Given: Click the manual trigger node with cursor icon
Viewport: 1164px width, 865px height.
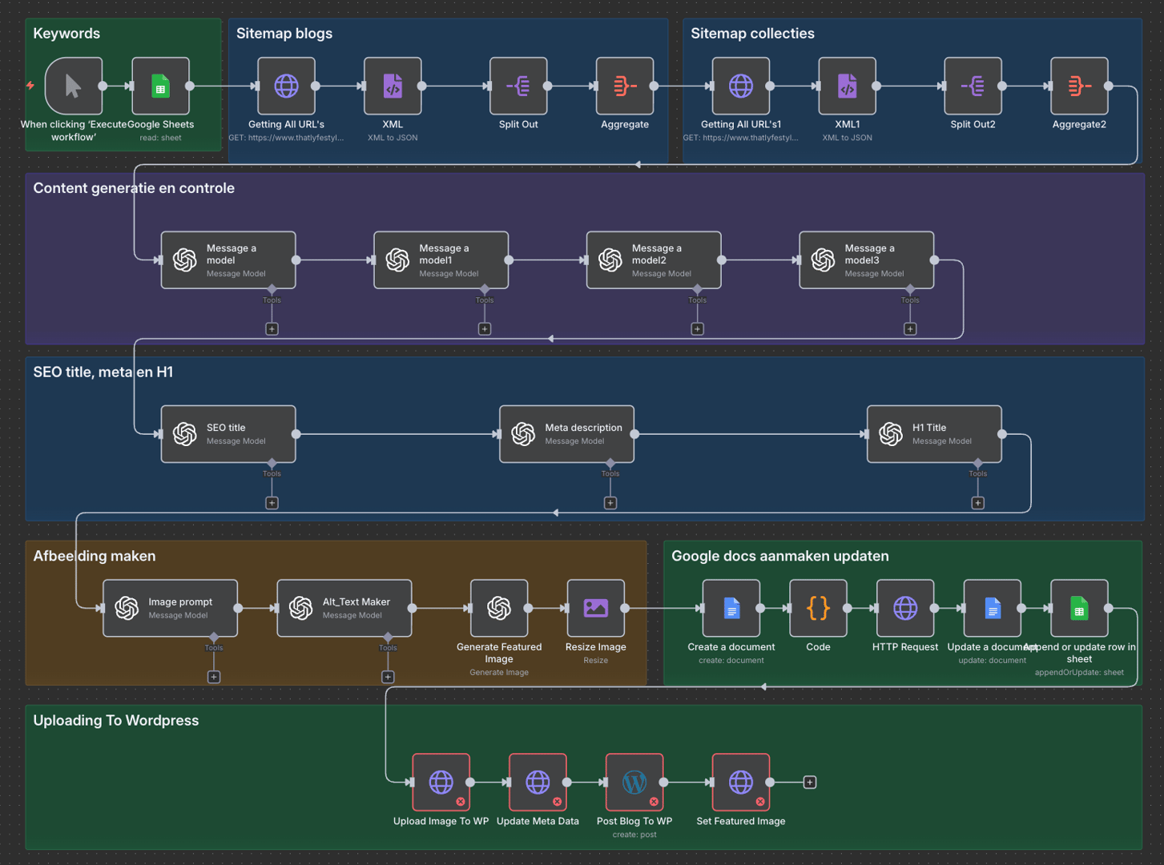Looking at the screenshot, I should tap(73, 86).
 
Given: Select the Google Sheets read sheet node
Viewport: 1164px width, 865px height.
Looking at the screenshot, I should tap(160, 86).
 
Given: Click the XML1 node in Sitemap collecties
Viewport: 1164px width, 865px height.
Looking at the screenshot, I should tap(847, 86).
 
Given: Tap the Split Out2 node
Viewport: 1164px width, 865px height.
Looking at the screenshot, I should tap(973, 86).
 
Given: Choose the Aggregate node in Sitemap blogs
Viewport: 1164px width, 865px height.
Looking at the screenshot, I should tap(625, 86).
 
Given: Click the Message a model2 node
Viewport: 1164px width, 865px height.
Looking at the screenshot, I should tap(654, 260).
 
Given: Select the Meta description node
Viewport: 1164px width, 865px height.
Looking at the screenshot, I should tap(566, 434).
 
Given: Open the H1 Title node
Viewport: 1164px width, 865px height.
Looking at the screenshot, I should tap(934, 434).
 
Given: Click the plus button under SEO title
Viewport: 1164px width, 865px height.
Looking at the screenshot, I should tap(272, 503).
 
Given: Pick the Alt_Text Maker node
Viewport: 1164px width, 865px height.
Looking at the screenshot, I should tap(344, 609).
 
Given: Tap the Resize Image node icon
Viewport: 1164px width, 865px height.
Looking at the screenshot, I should tap(595, 609).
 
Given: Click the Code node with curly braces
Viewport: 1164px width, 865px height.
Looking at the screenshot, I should tap(818, 609).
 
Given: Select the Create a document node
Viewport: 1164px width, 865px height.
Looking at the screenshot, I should tap(731, 609).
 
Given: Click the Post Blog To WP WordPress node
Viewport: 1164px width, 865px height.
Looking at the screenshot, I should tap(634, 783).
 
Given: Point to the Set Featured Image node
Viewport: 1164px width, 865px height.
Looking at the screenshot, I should tap(740, 783).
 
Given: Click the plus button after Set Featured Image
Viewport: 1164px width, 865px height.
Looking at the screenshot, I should tap(810, 783).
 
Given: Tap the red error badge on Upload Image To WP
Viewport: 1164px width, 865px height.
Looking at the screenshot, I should tap(461, 802).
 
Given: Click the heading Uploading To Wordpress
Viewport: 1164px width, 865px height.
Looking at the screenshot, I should tap(116, 721).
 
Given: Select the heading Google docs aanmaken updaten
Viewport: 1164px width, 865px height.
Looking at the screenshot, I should tap(779, 557).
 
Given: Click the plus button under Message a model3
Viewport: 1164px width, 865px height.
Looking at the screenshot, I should tap(910, 329).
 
